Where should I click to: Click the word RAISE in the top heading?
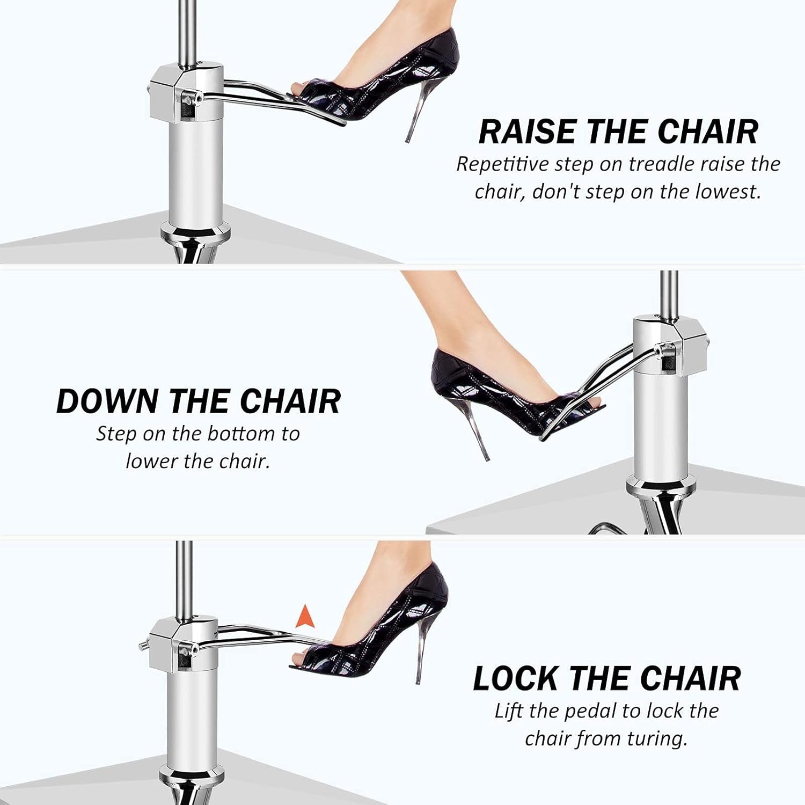click(x=529, y=131)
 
